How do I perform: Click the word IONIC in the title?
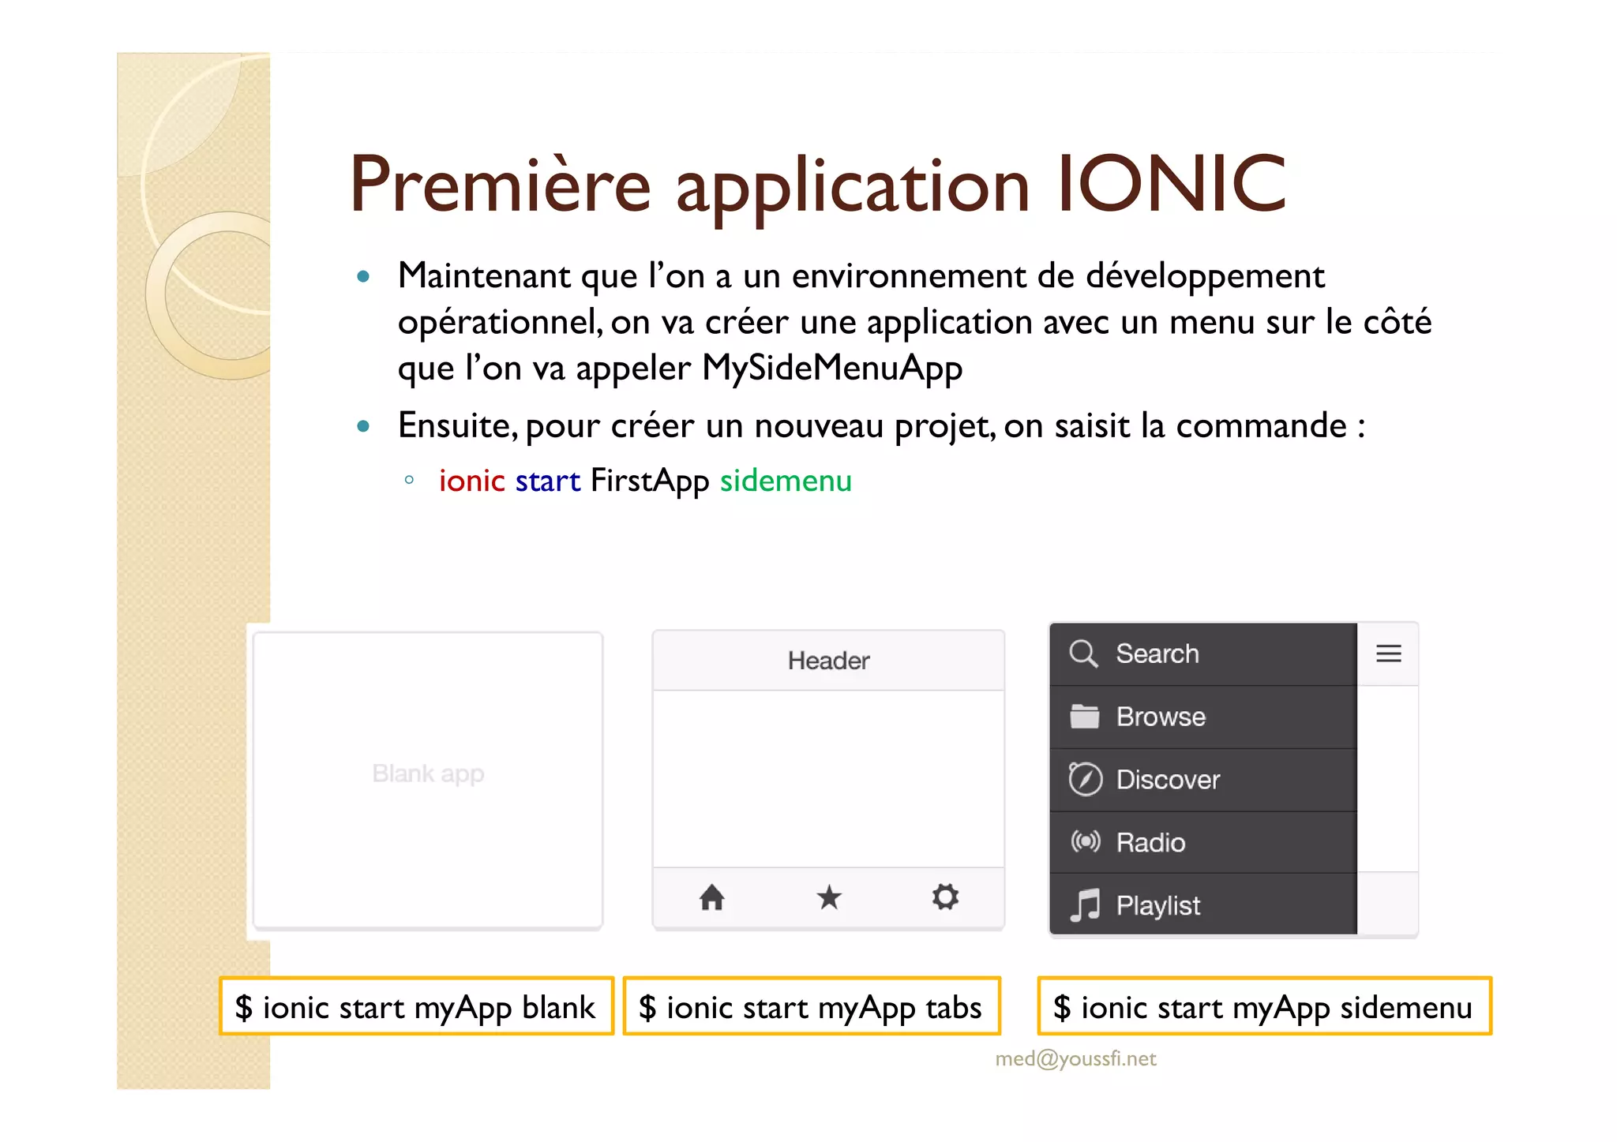click(x=1172, y=185)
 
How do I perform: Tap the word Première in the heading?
click(x=500, y=185)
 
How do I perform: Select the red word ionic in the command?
click(x=471, y=481)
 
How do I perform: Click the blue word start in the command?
click(x=547, y=481)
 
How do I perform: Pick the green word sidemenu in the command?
click(x=786, y=481)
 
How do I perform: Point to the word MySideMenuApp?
click(x=832, y=368)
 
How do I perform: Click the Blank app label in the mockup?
click(x=428, y=773)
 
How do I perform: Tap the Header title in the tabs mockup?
click(x=828, y=661)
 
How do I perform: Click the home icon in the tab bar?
click(x=711, y=897)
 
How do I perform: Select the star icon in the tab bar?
click(x=829, y=897)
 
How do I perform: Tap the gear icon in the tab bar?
click(x=945, y=897)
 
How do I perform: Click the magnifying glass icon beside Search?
click(x=1083, y=654)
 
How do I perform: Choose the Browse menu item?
click(x=1161, y=717)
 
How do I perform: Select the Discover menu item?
click(x=1168, y=780)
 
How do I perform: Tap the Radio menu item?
click(x=1150, y=843)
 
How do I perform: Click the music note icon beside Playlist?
click(x=1086, y=905)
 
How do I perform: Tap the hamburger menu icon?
click(x=1388, y=654)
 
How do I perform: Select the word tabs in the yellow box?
click(x=954, y=1008)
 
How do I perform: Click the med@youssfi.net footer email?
click(x=1075, y=1058)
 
